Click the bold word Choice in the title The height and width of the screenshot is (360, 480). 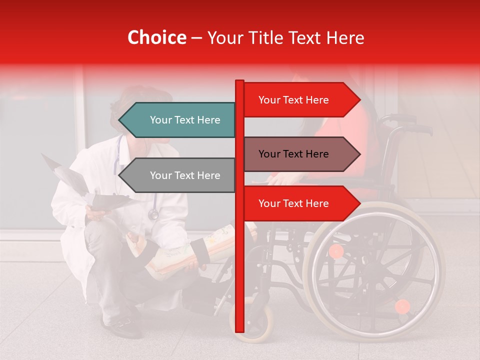coord(156,37)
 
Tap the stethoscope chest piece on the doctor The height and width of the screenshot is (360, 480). coord(153,214)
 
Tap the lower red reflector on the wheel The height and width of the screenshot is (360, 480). coord(402,306)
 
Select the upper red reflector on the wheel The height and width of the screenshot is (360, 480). coord(336,251)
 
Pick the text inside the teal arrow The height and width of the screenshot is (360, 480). coord(185,120)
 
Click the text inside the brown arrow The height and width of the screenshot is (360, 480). coord(293,154)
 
